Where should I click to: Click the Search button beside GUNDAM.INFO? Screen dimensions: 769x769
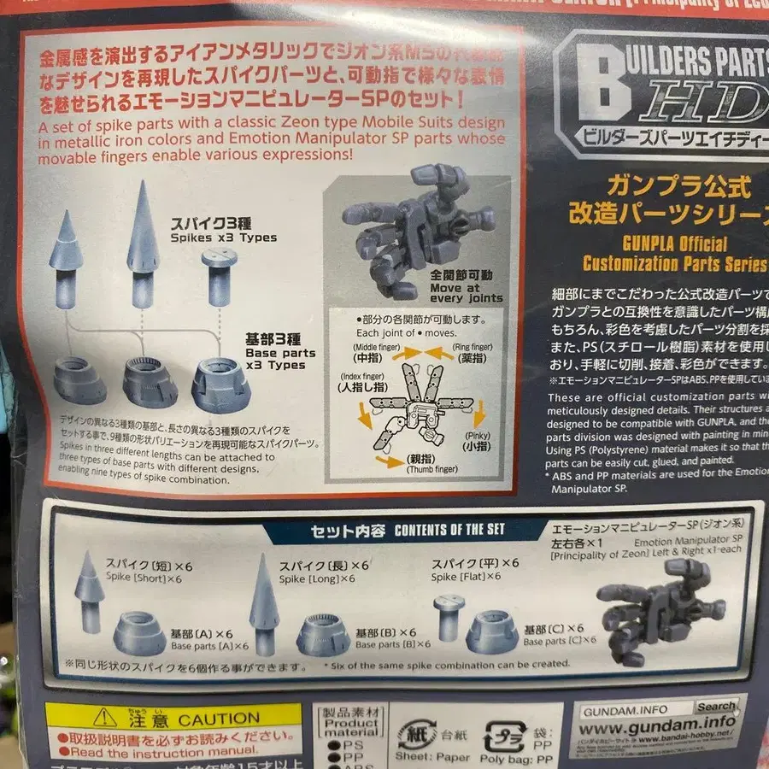tap(715, 706)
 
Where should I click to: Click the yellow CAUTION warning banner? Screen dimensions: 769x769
tap(173, 718)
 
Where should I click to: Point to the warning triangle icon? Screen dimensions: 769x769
tap(106, 718)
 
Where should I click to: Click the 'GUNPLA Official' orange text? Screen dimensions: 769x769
tap(655, 244)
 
